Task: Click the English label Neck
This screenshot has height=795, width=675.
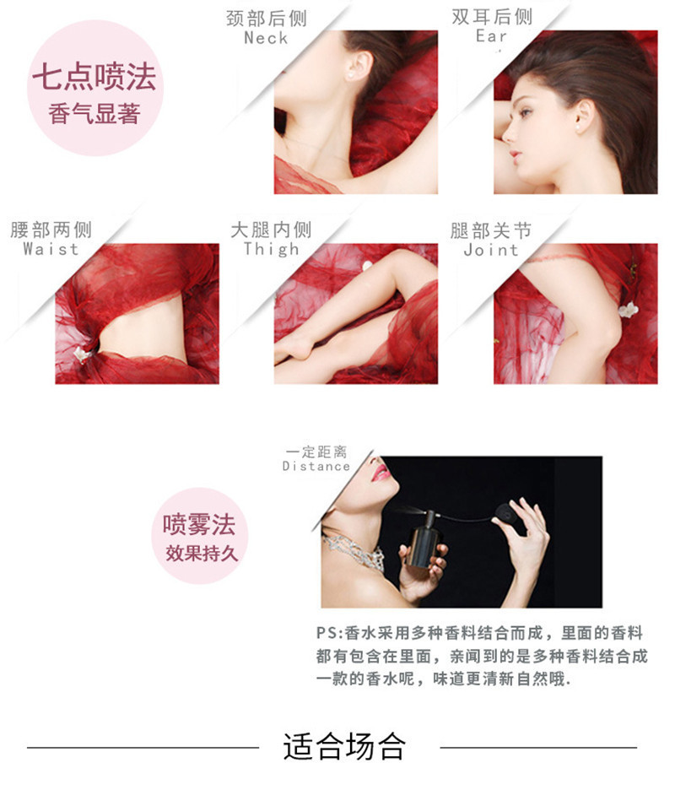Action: (266, 37)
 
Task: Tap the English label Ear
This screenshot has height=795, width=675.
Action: (491, 35)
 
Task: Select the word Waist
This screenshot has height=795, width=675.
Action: (51, 249)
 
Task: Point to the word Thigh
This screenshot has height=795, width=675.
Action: (271, 249)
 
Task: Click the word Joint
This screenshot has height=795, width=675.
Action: (491, 250)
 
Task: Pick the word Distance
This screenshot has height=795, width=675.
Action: (316, 466)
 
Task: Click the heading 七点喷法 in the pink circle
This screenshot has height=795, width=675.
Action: (94, 78)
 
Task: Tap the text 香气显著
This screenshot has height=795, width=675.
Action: (94, 113)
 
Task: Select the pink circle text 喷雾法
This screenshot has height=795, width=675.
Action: (199, 524)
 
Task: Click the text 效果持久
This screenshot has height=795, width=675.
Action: (201, 553)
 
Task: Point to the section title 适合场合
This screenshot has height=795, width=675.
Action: (344, 746)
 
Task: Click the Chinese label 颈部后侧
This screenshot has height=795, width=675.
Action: (267, 19)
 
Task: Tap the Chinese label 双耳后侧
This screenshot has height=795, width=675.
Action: (492, 17)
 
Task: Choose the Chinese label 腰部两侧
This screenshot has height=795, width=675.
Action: (51, 230)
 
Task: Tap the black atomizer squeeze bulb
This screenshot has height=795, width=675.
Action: (507, 516)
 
